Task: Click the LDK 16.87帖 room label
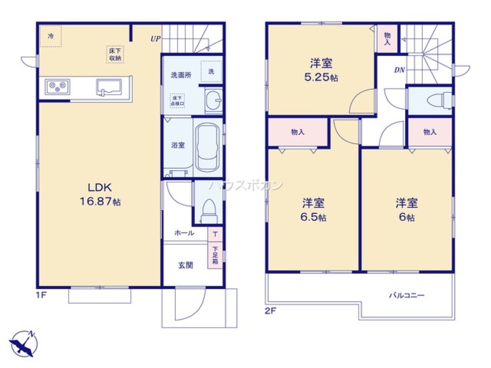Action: click(101, 194)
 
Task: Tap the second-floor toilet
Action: click(436, 101)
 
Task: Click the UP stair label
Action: click(155, 38)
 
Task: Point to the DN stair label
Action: click(399, 70)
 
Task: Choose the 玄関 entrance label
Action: click(185, 265)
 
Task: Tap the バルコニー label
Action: click(407, 296)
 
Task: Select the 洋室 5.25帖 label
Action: click(321, 70)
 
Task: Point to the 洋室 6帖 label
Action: click(407, 210)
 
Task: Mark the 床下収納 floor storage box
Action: click(115, 54)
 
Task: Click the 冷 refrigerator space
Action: click(51, 36)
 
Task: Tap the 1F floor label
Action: click(42, 295)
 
